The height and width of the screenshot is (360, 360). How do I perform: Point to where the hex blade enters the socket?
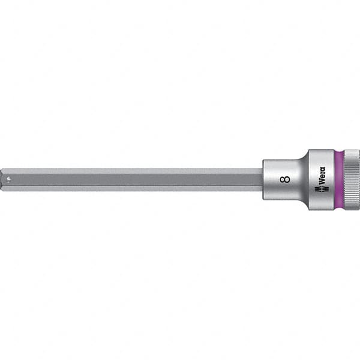pyautogui.click(x=262, y=179)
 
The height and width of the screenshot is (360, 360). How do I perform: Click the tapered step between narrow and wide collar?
pyautogui.click(x=304, y=179)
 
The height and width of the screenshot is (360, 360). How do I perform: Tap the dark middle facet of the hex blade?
pyautogui.click(x=132, y=179)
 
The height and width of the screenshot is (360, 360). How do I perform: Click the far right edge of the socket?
pyautogui.click(x=359, y=179)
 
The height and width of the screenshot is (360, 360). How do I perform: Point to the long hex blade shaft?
pyautogui.click(x=132, y=179)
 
